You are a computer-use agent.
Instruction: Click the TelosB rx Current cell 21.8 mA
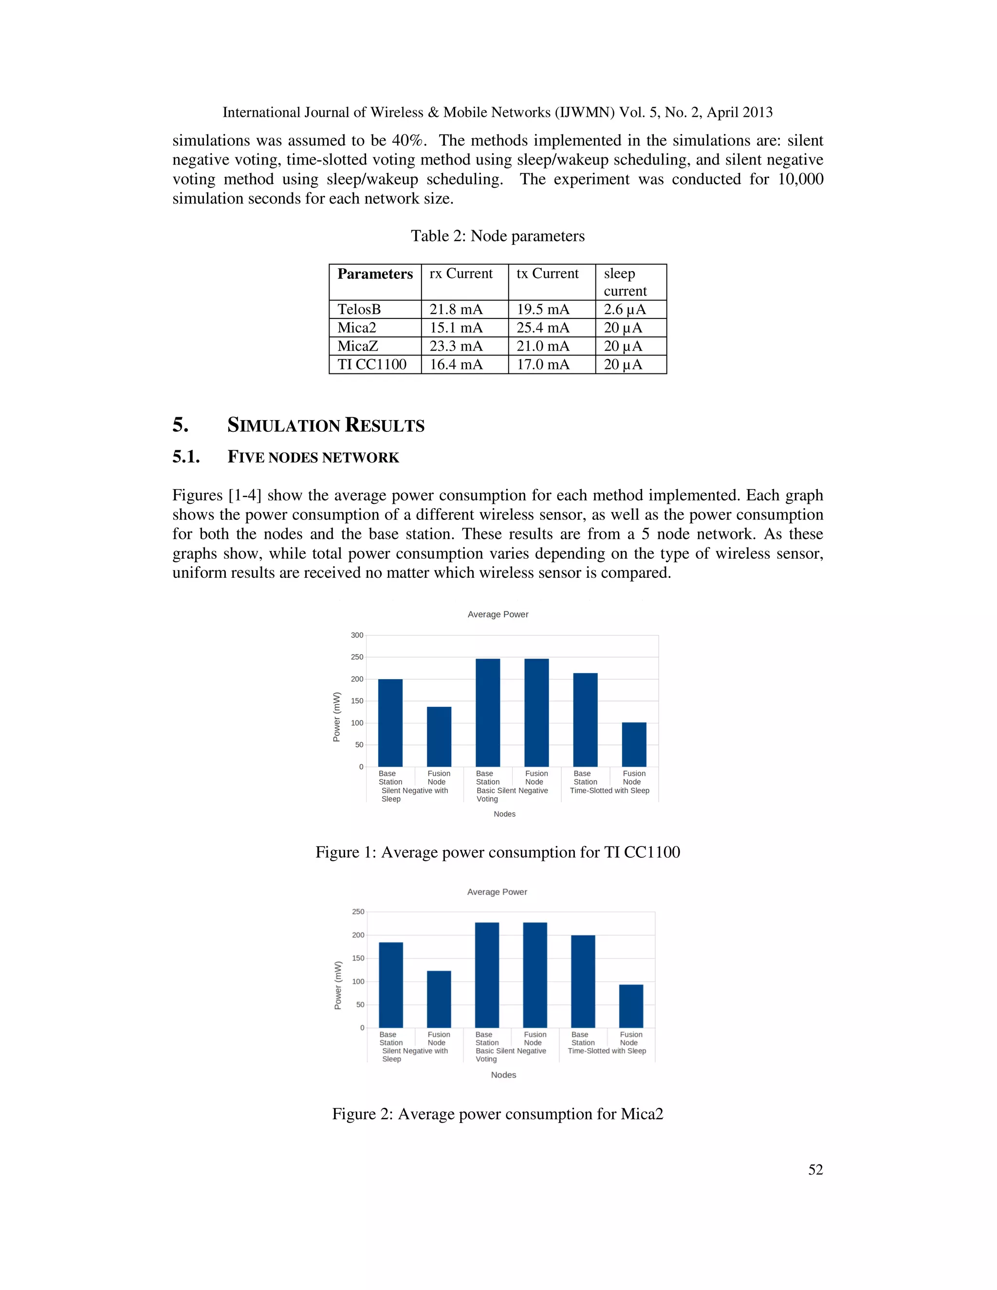pyautogui.click(x=456, y=310)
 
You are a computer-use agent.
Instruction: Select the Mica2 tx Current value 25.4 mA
pyautogui.click(x=543, y=328)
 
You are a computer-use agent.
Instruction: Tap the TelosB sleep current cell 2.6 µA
pyautogui.click(x=624, y=310)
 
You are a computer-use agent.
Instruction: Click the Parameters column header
pyautogui.click(x=375, y=274)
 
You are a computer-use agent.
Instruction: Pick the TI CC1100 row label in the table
pyautogui.click(x=372, y=365)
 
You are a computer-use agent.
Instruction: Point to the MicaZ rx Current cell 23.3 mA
pyautogui.click(x=456, y=346)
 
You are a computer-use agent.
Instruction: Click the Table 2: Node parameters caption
pyautogui.click(x=498, y=236)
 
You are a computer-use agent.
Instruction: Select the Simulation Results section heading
pyautogui.click(x=326, y=425)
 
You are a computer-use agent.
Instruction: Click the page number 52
pyautogui.click(x=815, y=1169)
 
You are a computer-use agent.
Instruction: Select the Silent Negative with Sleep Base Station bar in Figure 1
pyautogui.click(x=390, y=723)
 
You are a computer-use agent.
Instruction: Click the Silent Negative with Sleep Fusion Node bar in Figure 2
pyautogui.click(x=439, y=999)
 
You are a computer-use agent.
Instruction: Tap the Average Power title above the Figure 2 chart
pyautogui.click(x=497, y=892)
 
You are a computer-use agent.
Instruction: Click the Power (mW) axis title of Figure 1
pyautogui.click(x=337, y=717)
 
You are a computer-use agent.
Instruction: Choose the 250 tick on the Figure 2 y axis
pyautogui.click(x=358, y=912)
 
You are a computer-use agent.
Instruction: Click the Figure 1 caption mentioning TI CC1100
pyautogui.click(x=498, y=852)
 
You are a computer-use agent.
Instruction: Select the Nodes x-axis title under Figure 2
pyautogui.click(x=503, y=1075)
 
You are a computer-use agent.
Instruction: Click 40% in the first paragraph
pyautogui.click(x=407, y=141)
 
